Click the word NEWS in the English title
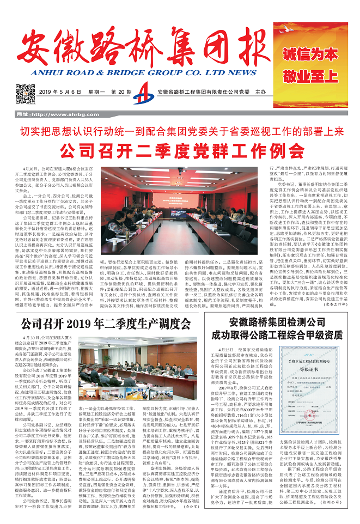point(240,72)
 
